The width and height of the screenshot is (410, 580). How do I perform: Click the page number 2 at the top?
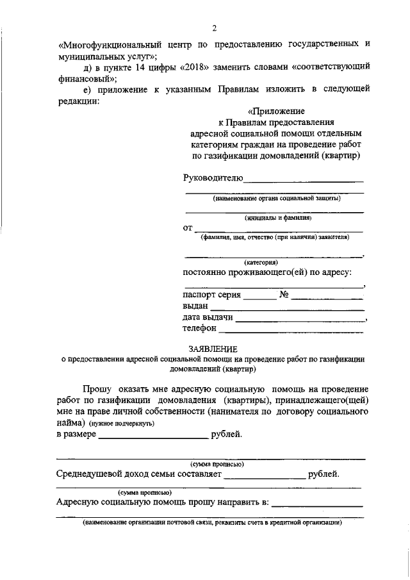(215, 28)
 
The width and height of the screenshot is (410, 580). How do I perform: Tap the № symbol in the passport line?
(285, 295)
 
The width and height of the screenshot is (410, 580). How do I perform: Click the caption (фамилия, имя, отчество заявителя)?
(275, 236)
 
